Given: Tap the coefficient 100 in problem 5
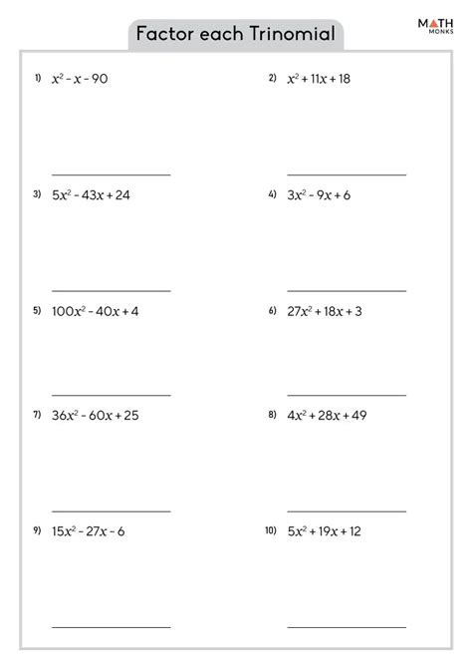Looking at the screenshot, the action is click(63, 311).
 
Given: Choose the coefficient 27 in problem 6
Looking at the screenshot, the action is click(296, 311).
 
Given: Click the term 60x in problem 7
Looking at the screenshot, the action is click(96, 415).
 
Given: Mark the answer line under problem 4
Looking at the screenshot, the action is click(347, 291).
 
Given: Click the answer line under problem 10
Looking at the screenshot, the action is click(347, 627).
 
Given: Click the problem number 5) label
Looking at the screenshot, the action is click(37, 311).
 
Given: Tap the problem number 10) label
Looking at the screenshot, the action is click(270, 530).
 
